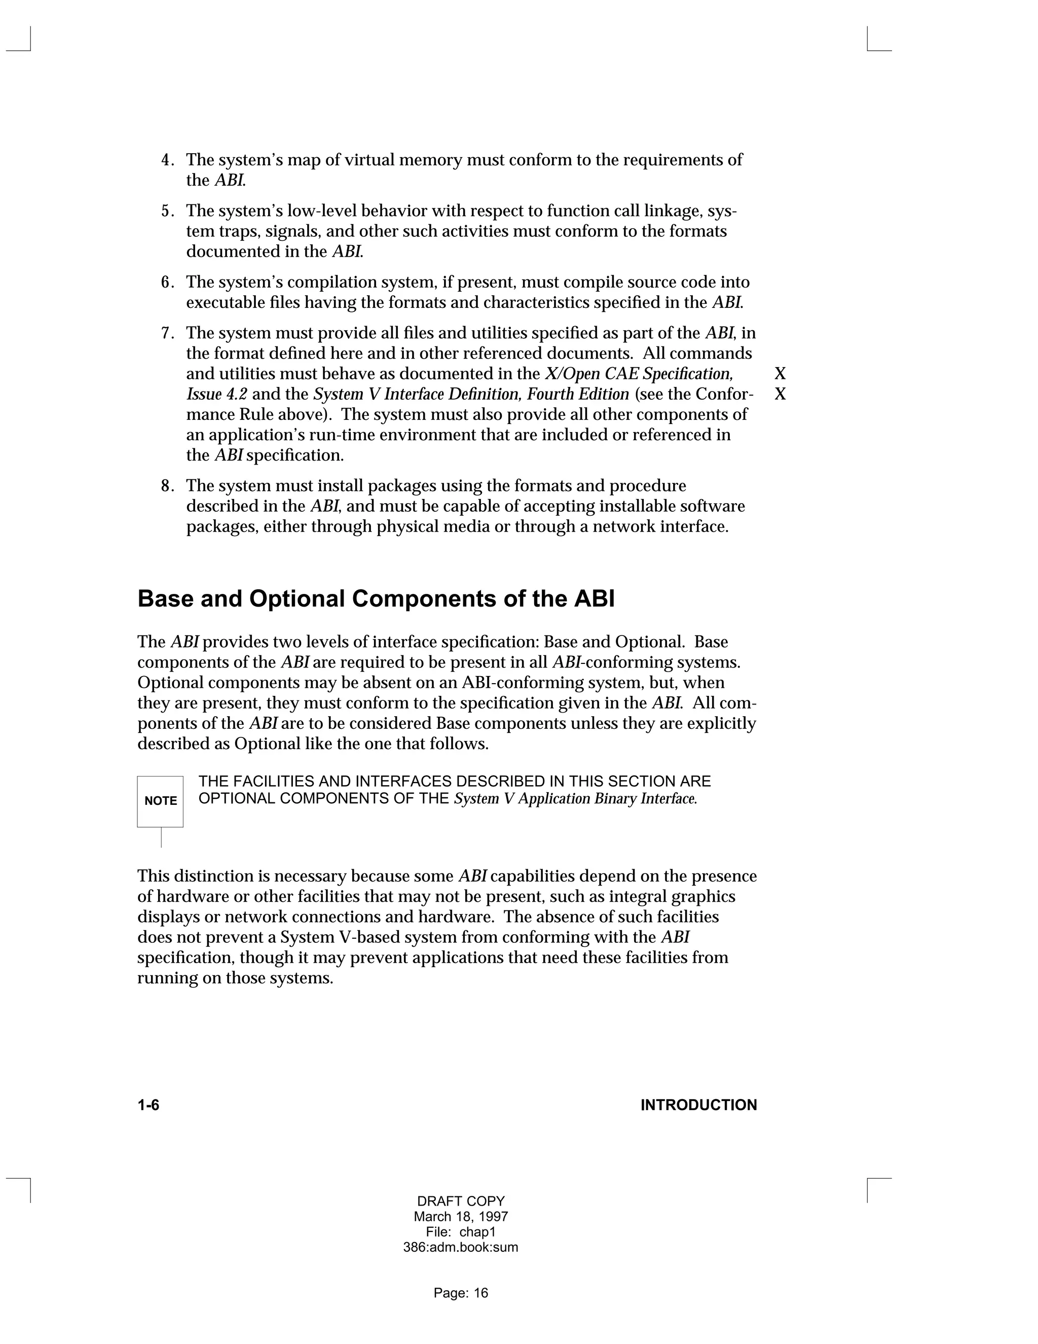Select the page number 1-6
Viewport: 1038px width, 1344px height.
(x=148, y=1105)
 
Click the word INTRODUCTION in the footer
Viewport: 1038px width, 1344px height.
(x=698, y=1105)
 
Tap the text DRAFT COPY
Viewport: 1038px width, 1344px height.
(x=461, y=1201)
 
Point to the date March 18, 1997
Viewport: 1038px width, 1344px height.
(x=461, y=1217)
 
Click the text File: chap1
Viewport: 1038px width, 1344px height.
(x=461, y=1232)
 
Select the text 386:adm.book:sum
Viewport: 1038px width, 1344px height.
(x=461, y=1248)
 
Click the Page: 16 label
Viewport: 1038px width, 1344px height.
(x=461, y=1293)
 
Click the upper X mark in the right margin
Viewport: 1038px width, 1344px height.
(x=780, y=374)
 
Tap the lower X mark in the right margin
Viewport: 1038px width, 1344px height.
(x=780, y=395)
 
